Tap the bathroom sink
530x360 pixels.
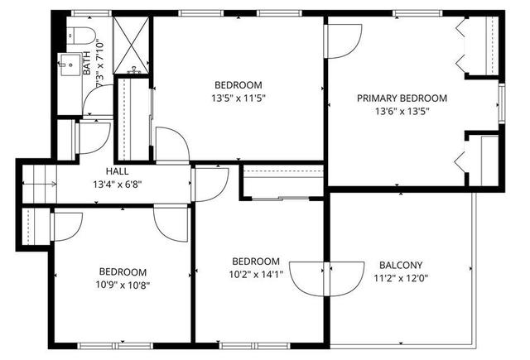coord(70,65)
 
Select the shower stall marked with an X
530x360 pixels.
coord(131,45)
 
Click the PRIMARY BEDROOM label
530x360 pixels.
coord(402,98)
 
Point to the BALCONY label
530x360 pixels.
coord(401,265)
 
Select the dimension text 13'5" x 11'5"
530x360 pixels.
coord(238,98)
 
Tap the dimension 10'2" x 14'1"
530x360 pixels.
coord(256,275)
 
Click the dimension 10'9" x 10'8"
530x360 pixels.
coord(123,286)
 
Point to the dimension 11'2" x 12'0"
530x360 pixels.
coord(401,278)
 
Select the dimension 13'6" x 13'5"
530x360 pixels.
coord(402,111)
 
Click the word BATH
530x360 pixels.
coord(87,63)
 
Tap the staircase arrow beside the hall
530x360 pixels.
coord(39,184)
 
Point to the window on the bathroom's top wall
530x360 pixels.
coord(91,13)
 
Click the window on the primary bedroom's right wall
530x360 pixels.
coord(502,103)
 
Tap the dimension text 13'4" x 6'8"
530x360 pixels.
coord(118,185)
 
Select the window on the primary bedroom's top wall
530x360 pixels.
coord(417,13)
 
